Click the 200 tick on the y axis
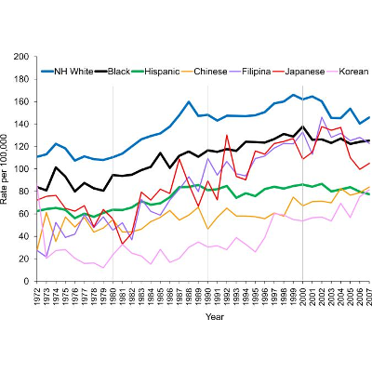[x=21, y=57]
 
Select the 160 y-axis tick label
[x=21, y=101]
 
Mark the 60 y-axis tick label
[x=24, y=212]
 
